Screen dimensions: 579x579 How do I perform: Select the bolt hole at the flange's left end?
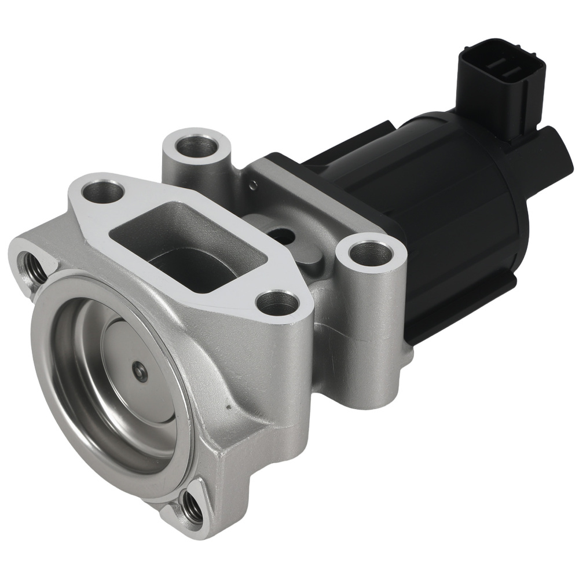(102, 191)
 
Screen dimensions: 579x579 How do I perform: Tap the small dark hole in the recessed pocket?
(282, 234)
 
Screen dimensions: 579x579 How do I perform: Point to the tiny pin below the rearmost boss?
(251, 185)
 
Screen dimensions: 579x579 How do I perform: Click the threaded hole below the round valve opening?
(192, 507)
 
